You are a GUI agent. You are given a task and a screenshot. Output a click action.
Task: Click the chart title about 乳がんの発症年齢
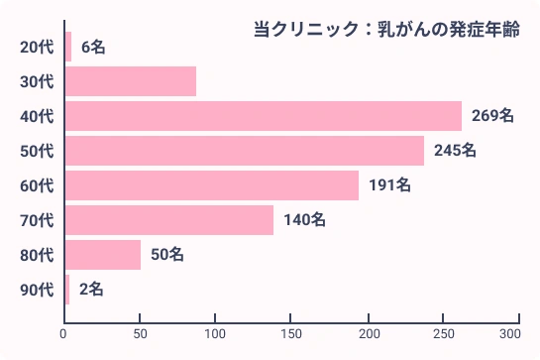click(386, 30)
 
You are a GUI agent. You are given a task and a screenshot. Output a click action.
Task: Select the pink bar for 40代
click(263, 116)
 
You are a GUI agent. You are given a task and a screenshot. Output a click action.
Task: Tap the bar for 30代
click(130, 81)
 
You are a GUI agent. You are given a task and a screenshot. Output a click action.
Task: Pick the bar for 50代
click(244, 151)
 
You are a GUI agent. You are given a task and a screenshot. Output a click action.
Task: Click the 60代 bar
click(211, 185)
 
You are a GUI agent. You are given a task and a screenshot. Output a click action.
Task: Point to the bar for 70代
click(168, 220)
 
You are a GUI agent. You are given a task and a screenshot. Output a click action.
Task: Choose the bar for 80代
click(102, 255)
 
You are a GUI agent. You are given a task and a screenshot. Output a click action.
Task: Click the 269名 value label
click(492, 116)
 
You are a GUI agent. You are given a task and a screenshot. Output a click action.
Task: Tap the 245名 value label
click(455, 151)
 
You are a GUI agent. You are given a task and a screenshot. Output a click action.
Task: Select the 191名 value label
click(389, 185)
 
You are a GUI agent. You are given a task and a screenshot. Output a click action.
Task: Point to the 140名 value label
click(304, 220)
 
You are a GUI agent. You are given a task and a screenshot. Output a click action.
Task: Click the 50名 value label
click(167, 255)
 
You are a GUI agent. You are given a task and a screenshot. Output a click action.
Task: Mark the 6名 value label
click(93, 47)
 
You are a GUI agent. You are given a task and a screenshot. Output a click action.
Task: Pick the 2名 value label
click(91, 290)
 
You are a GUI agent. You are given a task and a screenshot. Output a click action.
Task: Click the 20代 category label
click(37, 47)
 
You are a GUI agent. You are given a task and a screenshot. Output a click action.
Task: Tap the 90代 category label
click(37, 290)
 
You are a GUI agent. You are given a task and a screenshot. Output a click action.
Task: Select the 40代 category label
click(37, 116)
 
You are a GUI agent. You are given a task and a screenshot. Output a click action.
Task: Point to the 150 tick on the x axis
click(292, 334)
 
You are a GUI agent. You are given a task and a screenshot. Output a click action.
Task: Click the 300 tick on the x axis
click(511, 334)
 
